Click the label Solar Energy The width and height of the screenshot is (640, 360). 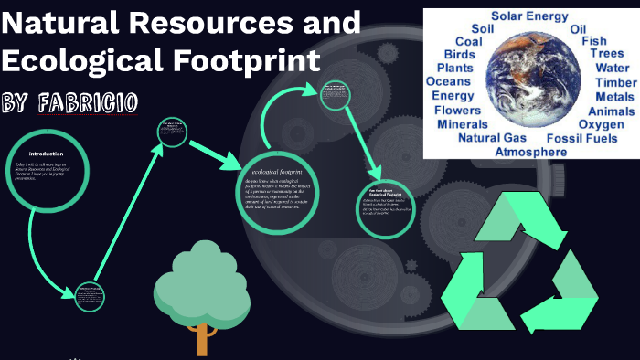coord(529,16)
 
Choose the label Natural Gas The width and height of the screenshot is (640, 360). coord(492,138)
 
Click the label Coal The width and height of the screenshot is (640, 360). coord(468,42)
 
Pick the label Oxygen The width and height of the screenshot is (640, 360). coord(602,124)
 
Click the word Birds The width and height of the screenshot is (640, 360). coord(461,55)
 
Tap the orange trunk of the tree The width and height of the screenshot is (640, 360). coord(202,339)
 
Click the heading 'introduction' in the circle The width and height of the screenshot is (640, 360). coord(46,154)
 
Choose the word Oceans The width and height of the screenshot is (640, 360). coord(448,82)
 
